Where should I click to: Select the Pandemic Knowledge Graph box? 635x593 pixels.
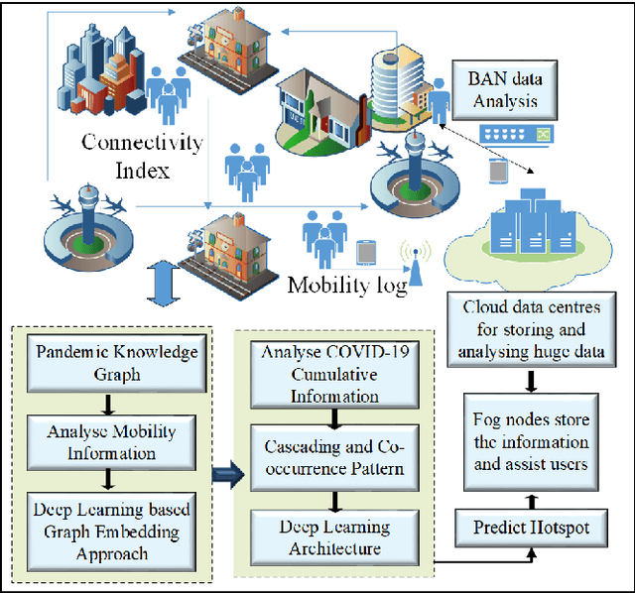tap(117, 364)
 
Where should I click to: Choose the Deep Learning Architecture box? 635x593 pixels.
tap(319, 538)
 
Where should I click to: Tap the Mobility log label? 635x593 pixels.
tap(346, 286)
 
